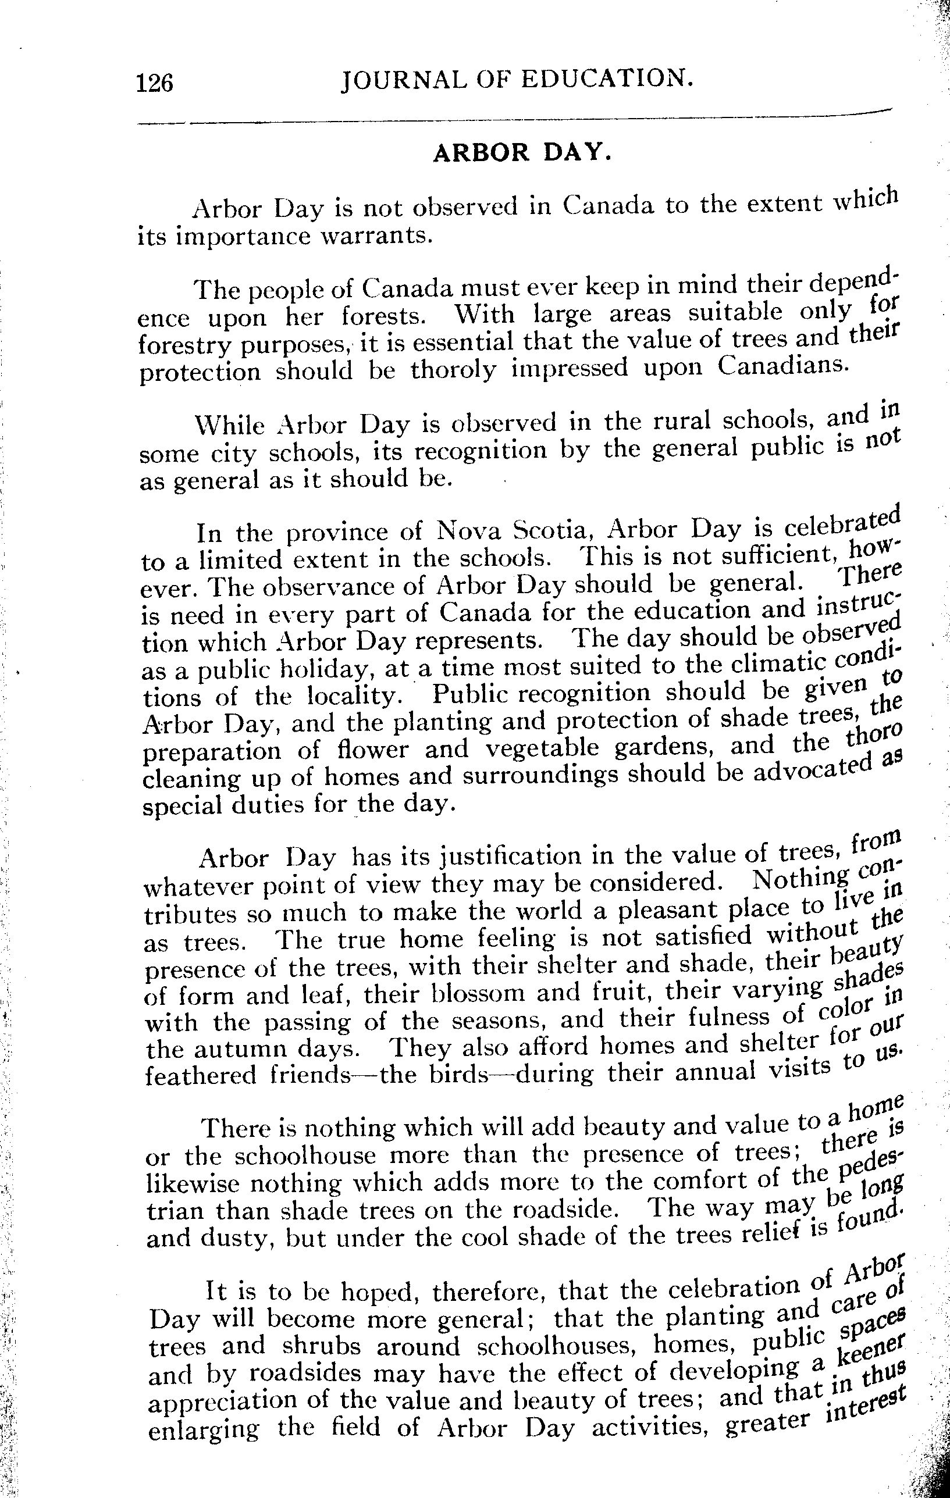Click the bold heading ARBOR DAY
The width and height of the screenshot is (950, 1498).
pyautogui.click(x=522, y=152)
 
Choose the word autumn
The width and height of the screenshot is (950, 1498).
pyautogui.click(x=240, y=1050)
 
